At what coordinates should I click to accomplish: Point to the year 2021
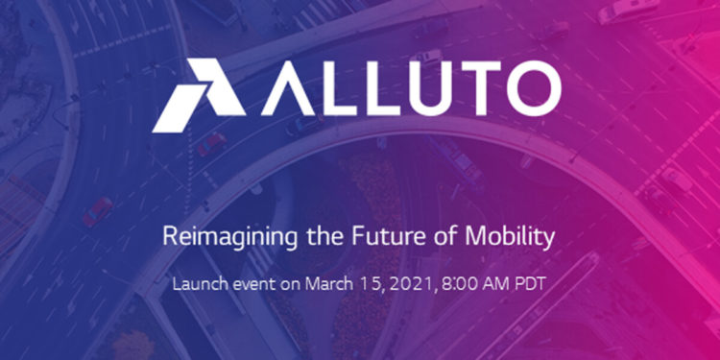click(397, 284)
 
